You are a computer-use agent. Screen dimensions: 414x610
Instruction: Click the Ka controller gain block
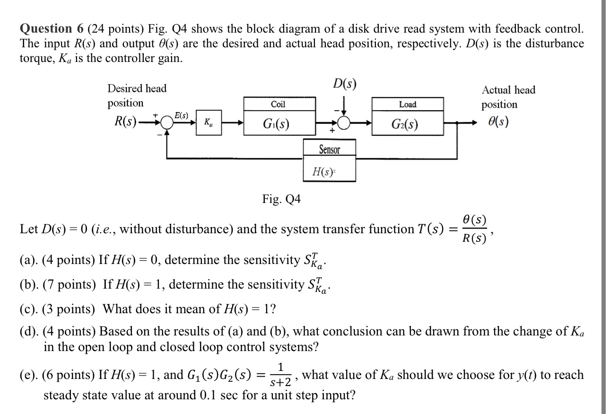pos(209,123)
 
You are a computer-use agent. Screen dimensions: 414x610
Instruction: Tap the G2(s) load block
pos(408,124)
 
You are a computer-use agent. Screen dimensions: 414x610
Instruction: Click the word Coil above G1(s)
pos(278,104)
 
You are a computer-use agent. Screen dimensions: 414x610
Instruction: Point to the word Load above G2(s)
pos(407,104)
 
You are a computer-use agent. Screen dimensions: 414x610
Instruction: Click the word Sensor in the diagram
pos(329,150)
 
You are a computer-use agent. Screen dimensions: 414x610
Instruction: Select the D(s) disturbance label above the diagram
pos(344,84)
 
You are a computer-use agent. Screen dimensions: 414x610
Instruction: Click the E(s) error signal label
pos(181,115)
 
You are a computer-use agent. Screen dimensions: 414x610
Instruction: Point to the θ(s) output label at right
pos(500,122)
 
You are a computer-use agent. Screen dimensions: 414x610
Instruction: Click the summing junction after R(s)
pos(166,123)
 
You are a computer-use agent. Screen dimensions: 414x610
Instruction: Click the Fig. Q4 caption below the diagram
pos(281,199)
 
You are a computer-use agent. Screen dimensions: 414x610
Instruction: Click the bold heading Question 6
pos(52,29)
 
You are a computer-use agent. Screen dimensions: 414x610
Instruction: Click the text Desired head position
pos(137,95)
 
